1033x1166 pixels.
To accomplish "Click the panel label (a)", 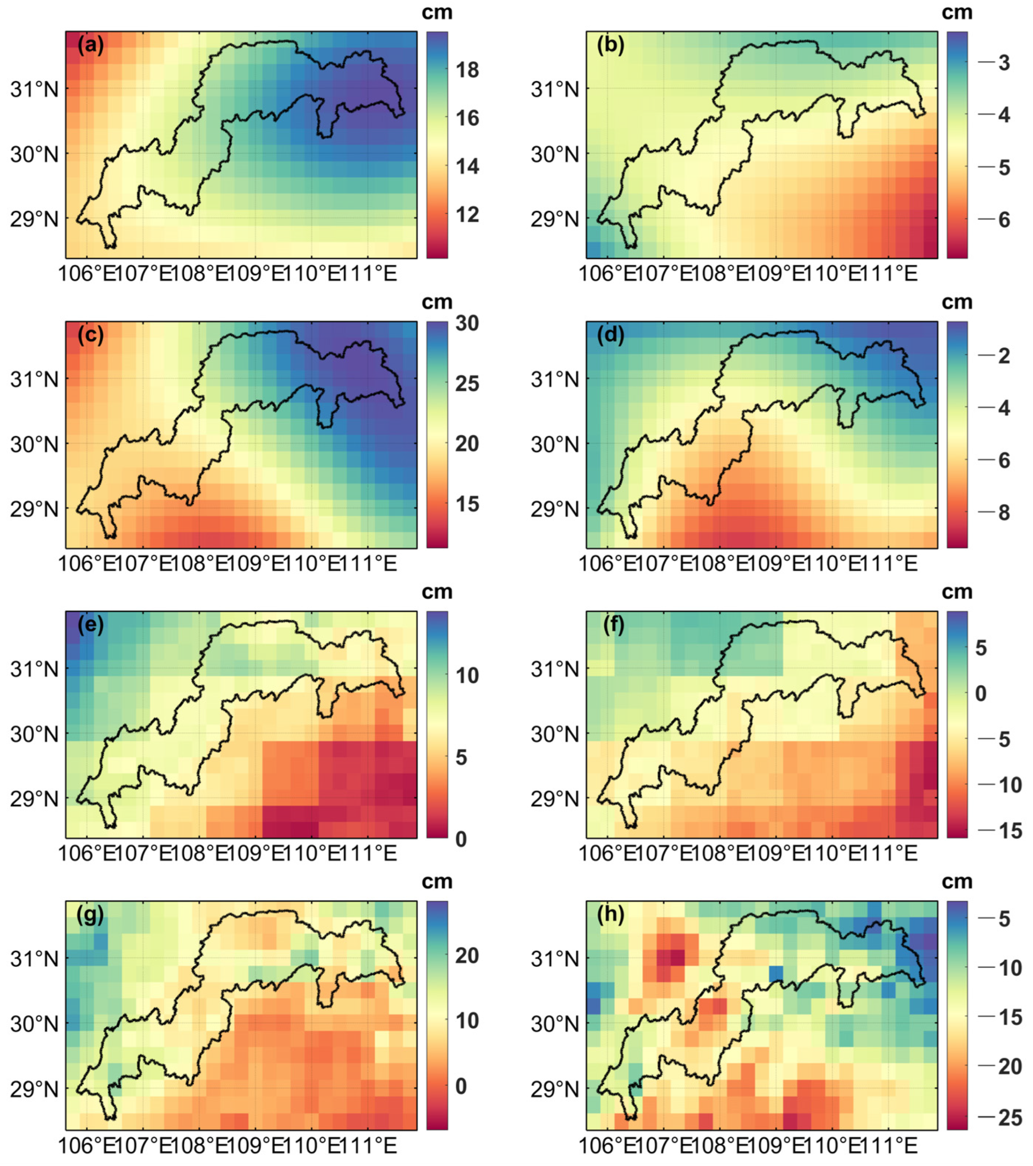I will pyautogui.click(x=91, y=45).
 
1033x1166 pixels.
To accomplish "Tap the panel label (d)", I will pyautogui.click(x=611, y=335).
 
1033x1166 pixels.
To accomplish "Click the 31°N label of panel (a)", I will pyautogui.click(x=34, y=90).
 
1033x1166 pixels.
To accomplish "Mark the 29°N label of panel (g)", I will pyautogui.click(x=34, y=1090).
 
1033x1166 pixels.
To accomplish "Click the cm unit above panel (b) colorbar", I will pyautogui.click(x=957, y=12).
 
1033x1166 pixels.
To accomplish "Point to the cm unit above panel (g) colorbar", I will pyautogui.click(x=437, y=881).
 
